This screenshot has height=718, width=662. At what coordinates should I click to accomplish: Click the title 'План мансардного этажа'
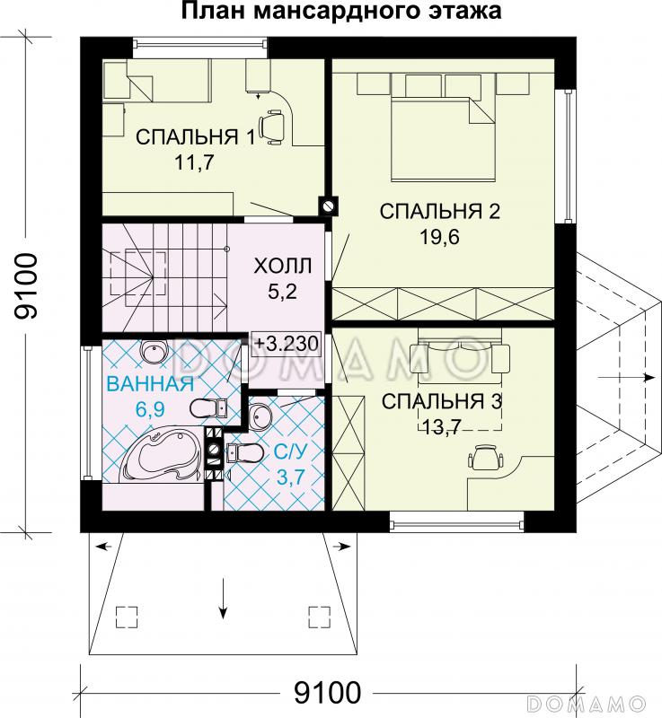[341, 11]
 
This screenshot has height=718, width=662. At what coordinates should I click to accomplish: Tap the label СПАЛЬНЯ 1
[195, 137]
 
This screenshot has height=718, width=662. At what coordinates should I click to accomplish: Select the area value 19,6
[439, 237]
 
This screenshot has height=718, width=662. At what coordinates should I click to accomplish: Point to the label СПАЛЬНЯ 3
[442, 401]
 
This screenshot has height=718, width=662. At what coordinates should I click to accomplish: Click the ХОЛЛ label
[283, 266]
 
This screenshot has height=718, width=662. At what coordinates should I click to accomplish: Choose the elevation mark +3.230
[286, 344]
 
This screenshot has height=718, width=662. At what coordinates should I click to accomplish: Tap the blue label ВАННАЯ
[150, 384]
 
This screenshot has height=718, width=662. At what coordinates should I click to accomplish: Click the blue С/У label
[290, 452]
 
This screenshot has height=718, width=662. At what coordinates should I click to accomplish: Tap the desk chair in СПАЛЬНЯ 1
[271, 127]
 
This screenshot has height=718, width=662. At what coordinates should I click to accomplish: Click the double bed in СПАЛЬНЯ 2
[443, 137]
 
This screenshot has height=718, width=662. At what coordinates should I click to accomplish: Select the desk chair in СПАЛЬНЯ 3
[485, 457]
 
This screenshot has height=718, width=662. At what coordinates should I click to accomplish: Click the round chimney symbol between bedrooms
[329, 206]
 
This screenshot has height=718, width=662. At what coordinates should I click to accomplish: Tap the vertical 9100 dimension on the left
[26, 286]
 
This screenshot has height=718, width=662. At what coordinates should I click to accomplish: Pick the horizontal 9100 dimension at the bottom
[327, 693]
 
